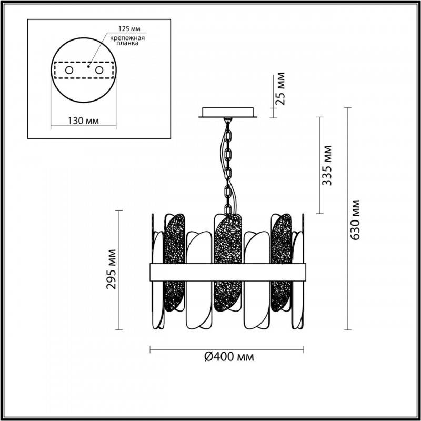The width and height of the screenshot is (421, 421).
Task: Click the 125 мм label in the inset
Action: click(x=129, y=28)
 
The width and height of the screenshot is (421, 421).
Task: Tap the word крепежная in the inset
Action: click(x=127, y=38)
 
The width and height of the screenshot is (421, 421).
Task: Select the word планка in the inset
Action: click(x=127, y=43)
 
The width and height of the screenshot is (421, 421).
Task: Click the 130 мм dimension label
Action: click(x=83, y=121)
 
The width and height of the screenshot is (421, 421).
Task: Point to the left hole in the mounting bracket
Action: click(x=69, y=71)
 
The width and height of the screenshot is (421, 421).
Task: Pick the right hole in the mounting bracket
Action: click(x=99, y=71)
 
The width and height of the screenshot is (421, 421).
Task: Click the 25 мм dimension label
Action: click(x=280, y=88)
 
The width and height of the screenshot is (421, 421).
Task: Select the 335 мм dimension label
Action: click(x=327, y=165)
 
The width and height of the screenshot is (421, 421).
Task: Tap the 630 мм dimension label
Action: click(x=355, y=220)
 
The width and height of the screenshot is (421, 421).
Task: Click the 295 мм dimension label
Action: click(x=111, y=269)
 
